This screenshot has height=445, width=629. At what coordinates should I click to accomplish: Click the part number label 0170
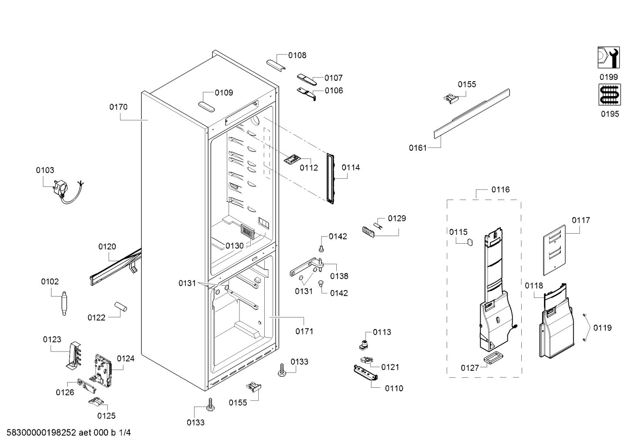[118, 107]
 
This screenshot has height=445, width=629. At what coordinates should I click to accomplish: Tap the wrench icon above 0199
[608, 58]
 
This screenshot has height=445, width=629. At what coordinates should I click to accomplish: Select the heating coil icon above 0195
[609, 94]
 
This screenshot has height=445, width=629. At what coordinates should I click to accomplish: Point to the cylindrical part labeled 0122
[120, 307]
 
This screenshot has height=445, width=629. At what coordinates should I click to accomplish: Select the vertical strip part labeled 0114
[331, 179]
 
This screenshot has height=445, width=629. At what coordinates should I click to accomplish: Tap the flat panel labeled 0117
[554, 250]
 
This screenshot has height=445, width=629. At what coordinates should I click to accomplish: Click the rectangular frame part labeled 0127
[493, 359]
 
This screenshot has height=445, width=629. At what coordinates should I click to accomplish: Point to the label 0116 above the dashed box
[500, 190]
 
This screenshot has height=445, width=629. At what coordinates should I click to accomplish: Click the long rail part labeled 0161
[472, 114]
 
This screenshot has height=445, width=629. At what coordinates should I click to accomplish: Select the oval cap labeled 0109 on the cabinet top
[206, 107]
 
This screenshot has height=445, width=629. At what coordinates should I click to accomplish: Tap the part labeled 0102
[64, 304]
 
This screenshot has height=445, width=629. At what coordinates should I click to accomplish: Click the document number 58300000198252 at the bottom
[41, 432]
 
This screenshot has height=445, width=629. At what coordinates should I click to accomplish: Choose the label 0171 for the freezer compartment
[304, 331]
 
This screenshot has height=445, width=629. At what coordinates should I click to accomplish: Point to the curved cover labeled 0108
[276, 65]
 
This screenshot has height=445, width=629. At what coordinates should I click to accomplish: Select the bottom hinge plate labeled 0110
[366, 373]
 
